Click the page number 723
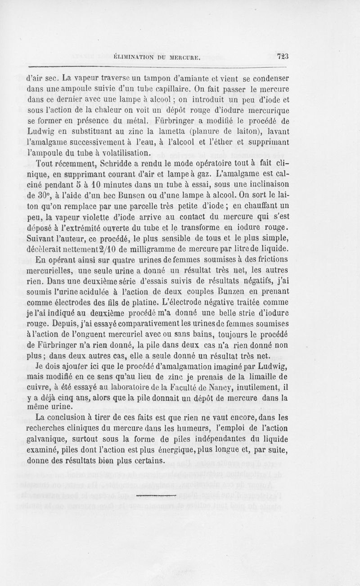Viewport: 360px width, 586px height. coord(282,57)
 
